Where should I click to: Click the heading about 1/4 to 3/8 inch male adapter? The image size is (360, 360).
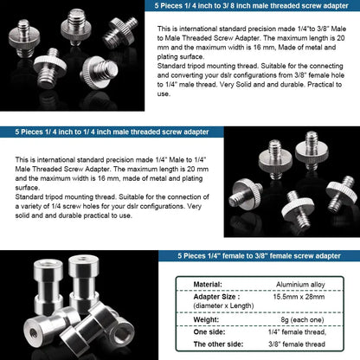point(252,6)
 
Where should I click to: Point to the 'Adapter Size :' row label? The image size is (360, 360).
point(218,295)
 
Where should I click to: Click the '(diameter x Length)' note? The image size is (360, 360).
point(224,305)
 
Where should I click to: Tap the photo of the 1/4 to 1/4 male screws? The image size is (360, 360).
point(289,183)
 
